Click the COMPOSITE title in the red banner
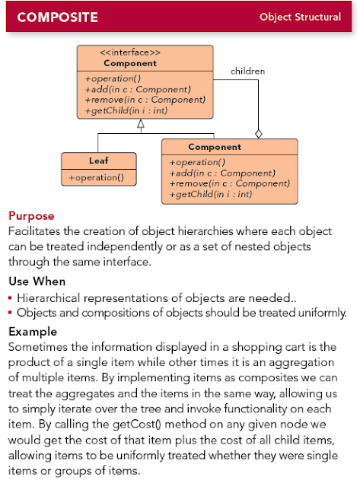click(59, 17)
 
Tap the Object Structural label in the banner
click(300, 17)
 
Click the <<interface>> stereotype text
click(130, 53)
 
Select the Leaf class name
click(99, 160)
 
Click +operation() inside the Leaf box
click(97, 177)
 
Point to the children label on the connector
click(248, 71)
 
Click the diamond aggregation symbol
click(258, 134)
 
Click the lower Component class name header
click(215, 147)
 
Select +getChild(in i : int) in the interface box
click(126, 110)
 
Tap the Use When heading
click(37, 282)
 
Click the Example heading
click(33, 332)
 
